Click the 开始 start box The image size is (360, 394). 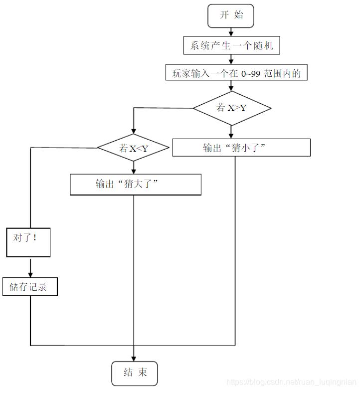click(x=231, y=15)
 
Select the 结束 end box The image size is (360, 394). click(x=135, y=373)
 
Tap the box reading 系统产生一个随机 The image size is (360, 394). click(x=231, y=46)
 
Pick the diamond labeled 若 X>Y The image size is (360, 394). click(x=232, y=108)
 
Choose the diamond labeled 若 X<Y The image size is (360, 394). click(x=134, y=148)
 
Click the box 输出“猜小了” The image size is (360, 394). click(x=241, y=148)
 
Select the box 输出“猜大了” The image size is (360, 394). click(x=136, y=184)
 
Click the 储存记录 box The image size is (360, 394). click(x=30, y=287)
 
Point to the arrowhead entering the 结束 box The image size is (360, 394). click(x=134, y=358)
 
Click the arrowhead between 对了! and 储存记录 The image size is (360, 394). click(x=30, y=274)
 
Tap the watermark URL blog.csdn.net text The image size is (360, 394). click(x=292, y=383)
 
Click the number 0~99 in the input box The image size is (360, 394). click(x=251, y=73)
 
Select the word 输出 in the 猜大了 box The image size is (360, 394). click(x=105, y=184)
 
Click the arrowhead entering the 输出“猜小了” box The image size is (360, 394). click(x=231, y=135)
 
